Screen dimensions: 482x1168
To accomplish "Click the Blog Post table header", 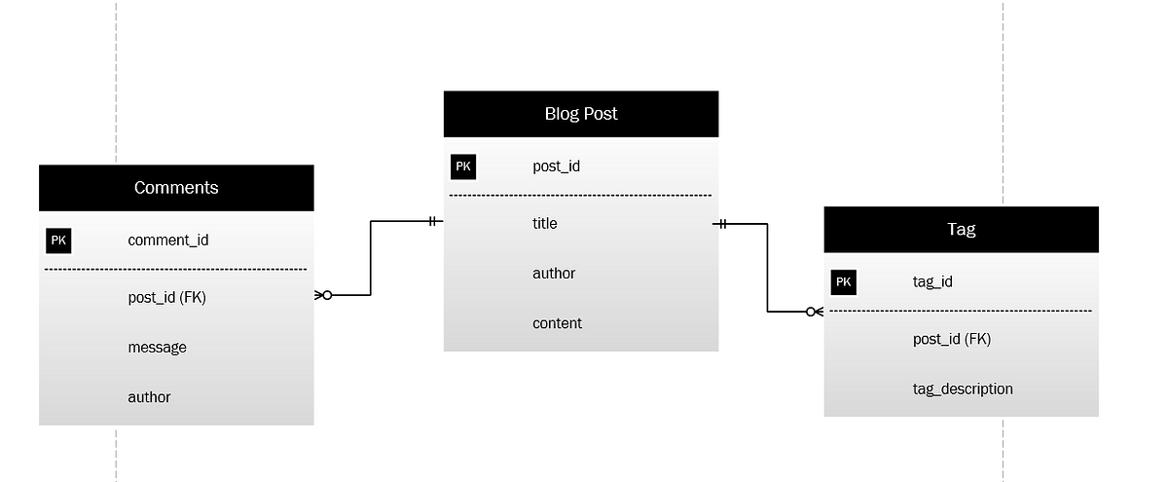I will click(x=581, y=114).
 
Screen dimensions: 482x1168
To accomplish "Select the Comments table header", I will click(x=176, y=188).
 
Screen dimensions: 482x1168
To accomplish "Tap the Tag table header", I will click(x=961, y=230).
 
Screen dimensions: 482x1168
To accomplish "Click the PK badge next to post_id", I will click(x=463, y=167).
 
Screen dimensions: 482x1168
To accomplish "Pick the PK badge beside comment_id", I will click(x=58, y=241).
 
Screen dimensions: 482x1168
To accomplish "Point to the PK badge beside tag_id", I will click(x=843, y=282).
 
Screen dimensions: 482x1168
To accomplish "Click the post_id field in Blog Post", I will click(x=556, y=167).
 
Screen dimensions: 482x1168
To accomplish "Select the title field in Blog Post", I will click(x=545, y=224).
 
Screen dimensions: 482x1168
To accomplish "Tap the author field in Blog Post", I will click(x=554, y=274).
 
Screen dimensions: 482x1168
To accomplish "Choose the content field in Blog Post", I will click(x=557, y=323).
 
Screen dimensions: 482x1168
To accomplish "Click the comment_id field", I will click(x=167, y=241).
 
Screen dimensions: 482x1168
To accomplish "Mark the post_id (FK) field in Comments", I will click(x=166, y=298).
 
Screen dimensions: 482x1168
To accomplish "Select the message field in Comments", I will click(x=157, y=348).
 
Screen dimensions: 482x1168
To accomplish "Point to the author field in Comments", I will click(x=149, y=397).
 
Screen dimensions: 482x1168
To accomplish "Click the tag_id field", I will click(x=932, y=282).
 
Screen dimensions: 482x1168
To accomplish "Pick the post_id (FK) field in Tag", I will click(x=951, y=340).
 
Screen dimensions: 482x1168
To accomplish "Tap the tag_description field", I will click(x=962, y=389).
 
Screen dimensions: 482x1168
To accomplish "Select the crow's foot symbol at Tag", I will click(x=815, y=312).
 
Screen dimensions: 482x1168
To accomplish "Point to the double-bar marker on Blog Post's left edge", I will click(x=432, y=221).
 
